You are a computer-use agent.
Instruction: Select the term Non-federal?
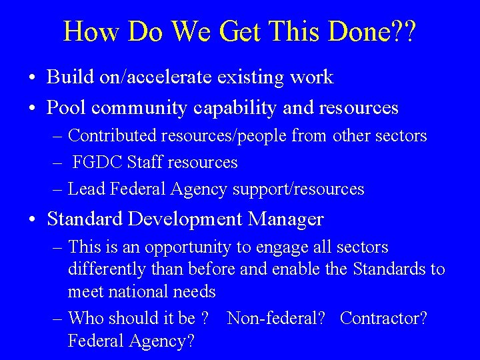pyautogui.click(x=276, y=318)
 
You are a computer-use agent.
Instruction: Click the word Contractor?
pyautogui.click(x=384, y=318)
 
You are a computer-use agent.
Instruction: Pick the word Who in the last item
pyautogui.click(x=89, y=318)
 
